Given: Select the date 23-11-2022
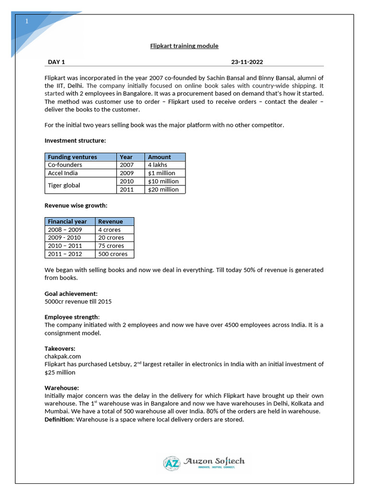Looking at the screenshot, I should tap(246, 62).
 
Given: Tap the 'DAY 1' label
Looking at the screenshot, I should tap(56, 62).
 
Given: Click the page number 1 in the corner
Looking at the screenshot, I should tap(27, 22).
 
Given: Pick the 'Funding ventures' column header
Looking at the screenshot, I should tap(72, 157).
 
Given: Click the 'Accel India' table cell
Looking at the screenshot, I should tap(62, 173).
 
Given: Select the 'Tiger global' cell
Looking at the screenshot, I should tap(64, 185).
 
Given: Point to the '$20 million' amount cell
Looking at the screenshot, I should tap(163, 189).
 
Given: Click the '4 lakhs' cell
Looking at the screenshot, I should tap(158, 165).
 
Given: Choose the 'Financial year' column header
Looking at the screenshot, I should tap(67, 221).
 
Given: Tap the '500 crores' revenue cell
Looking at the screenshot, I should tap(112, 254).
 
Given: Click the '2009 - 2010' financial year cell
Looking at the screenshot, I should tap(64, 237).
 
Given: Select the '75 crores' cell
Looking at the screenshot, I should tap(111, 246).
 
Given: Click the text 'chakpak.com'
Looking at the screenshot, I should tap(62, 357).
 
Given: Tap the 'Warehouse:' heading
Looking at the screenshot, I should tap(61, 388).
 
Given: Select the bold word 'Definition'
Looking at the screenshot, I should tap(59, 419).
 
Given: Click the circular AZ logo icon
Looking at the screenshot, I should tap(172, 463).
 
